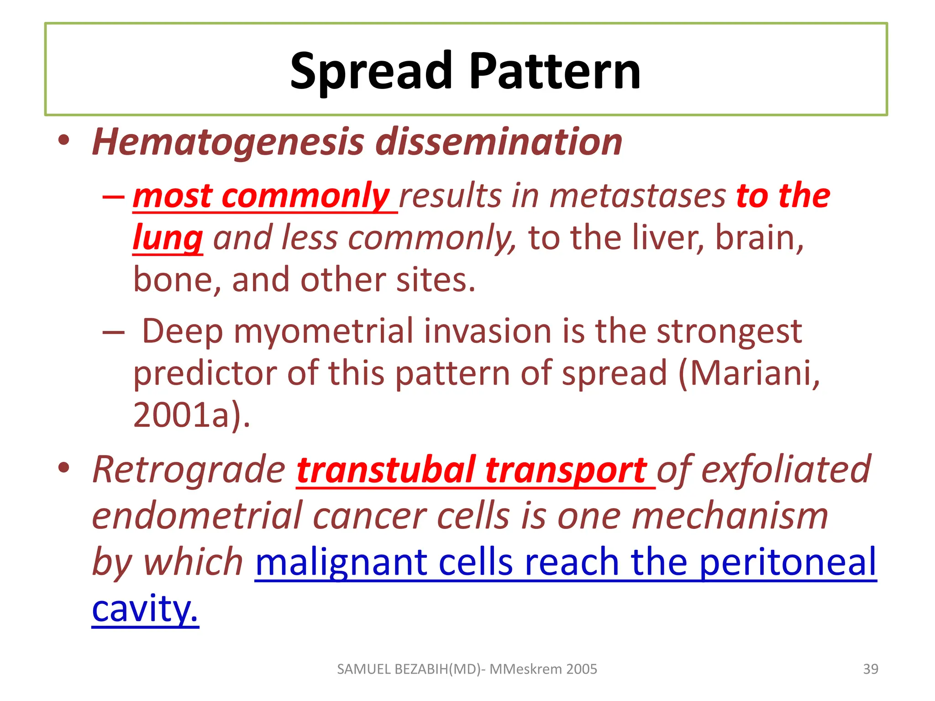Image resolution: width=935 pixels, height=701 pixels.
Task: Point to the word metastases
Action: click(637, 196)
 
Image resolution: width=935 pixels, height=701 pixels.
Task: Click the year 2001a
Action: click(187, 415)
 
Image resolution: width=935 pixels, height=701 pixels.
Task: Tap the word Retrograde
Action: click(189, 470)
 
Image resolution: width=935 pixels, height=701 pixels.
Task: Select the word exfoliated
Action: click(785, 470)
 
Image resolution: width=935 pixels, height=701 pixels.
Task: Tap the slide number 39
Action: click(870, 669)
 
